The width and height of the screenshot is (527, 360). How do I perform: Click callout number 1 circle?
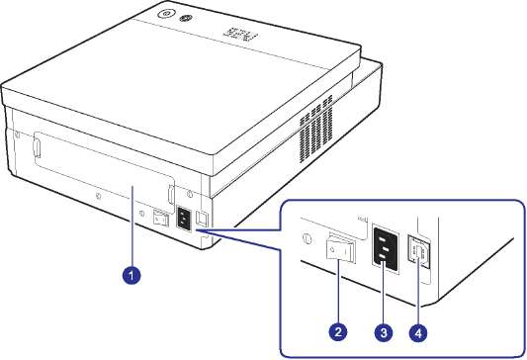coord(132,275)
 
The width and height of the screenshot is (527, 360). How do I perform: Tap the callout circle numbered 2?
coord(338,332)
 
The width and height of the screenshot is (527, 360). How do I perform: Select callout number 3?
coord(384,332)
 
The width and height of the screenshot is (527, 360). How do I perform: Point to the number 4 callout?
coord(418,333)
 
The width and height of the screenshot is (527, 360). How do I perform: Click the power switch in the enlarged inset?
coord(340,249)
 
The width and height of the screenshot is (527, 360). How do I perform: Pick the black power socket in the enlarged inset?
coord(386,249)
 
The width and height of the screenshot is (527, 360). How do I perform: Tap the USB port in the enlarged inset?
coord(419,251)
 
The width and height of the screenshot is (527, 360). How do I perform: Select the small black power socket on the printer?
coord(184,219)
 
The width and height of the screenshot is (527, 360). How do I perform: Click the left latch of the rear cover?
coord(37,149)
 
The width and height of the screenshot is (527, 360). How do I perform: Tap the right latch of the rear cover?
coord(171,194)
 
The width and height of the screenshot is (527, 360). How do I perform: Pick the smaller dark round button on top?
coord(185,19)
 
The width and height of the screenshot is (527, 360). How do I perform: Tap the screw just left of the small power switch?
coord(142,213)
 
